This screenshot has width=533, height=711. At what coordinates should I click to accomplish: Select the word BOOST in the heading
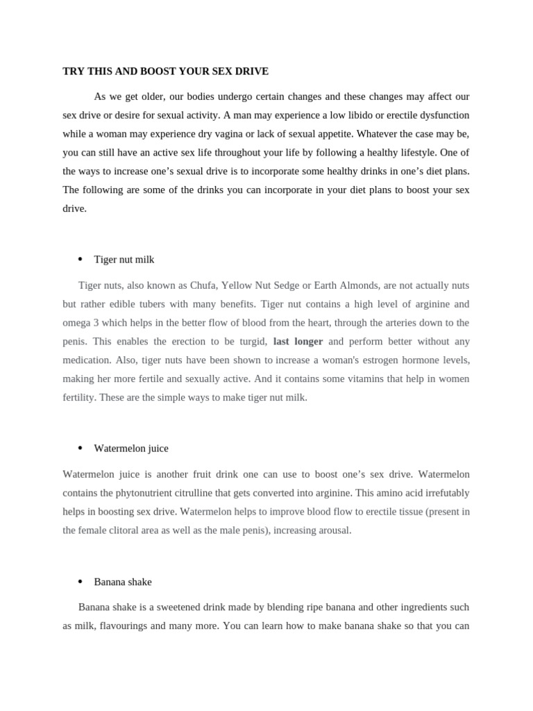158,71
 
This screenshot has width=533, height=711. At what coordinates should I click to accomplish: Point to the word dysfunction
442,115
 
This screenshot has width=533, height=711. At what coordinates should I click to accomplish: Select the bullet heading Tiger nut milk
124,259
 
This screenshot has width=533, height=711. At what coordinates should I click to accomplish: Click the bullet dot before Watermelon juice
80,448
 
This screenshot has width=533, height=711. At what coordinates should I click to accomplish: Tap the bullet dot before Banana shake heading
80,581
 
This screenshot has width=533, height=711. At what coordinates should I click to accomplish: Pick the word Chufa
203,285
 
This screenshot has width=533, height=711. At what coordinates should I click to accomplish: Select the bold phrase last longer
298,341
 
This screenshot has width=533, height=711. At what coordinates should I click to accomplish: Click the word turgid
251,341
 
